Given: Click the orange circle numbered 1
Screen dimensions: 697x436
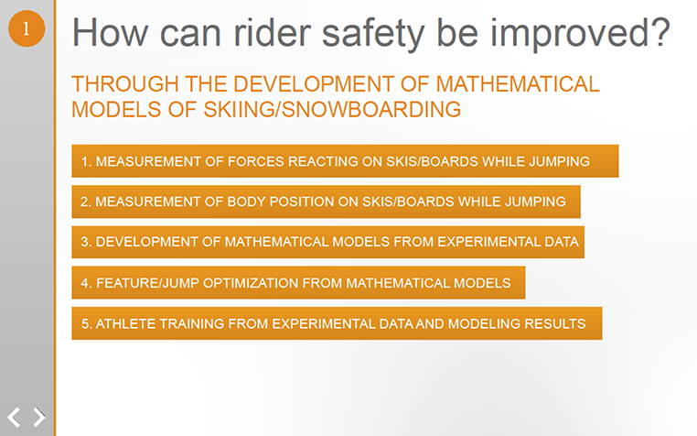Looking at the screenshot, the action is pos(27,28).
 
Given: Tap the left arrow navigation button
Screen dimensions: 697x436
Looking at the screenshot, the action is pos(14,418).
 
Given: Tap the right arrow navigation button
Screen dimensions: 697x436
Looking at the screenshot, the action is pos(39,417).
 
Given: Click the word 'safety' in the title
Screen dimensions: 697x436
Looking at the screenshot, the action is pos(373,33).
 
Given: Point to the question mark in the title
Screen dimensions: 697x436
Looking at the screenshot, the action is pos(661,32).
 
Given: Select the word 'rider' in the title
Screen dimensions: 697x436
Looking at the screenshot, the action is pos(272,32).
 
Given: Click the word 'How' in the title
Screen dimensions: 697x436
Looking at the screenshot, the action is pos(111,32).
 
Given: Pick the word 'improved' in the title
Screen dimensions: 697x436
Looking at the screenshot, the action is pos(570,33).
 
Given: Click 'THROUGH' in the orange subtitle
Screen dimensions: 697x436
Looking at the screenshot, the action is pos(125,84).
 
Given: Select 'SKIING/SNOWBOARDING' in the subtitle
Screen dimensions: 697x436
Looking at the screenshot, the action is pos(332,110).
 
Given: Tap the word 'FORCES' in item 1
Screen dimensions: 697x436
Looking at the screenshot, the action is pos(255,161).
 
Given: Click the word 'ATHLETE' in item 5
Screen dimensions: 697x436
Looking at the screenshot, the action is pos(125,323).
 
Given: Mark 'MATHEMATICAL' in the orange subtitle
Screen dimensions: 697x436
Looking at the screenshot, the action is pos(518,84).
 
